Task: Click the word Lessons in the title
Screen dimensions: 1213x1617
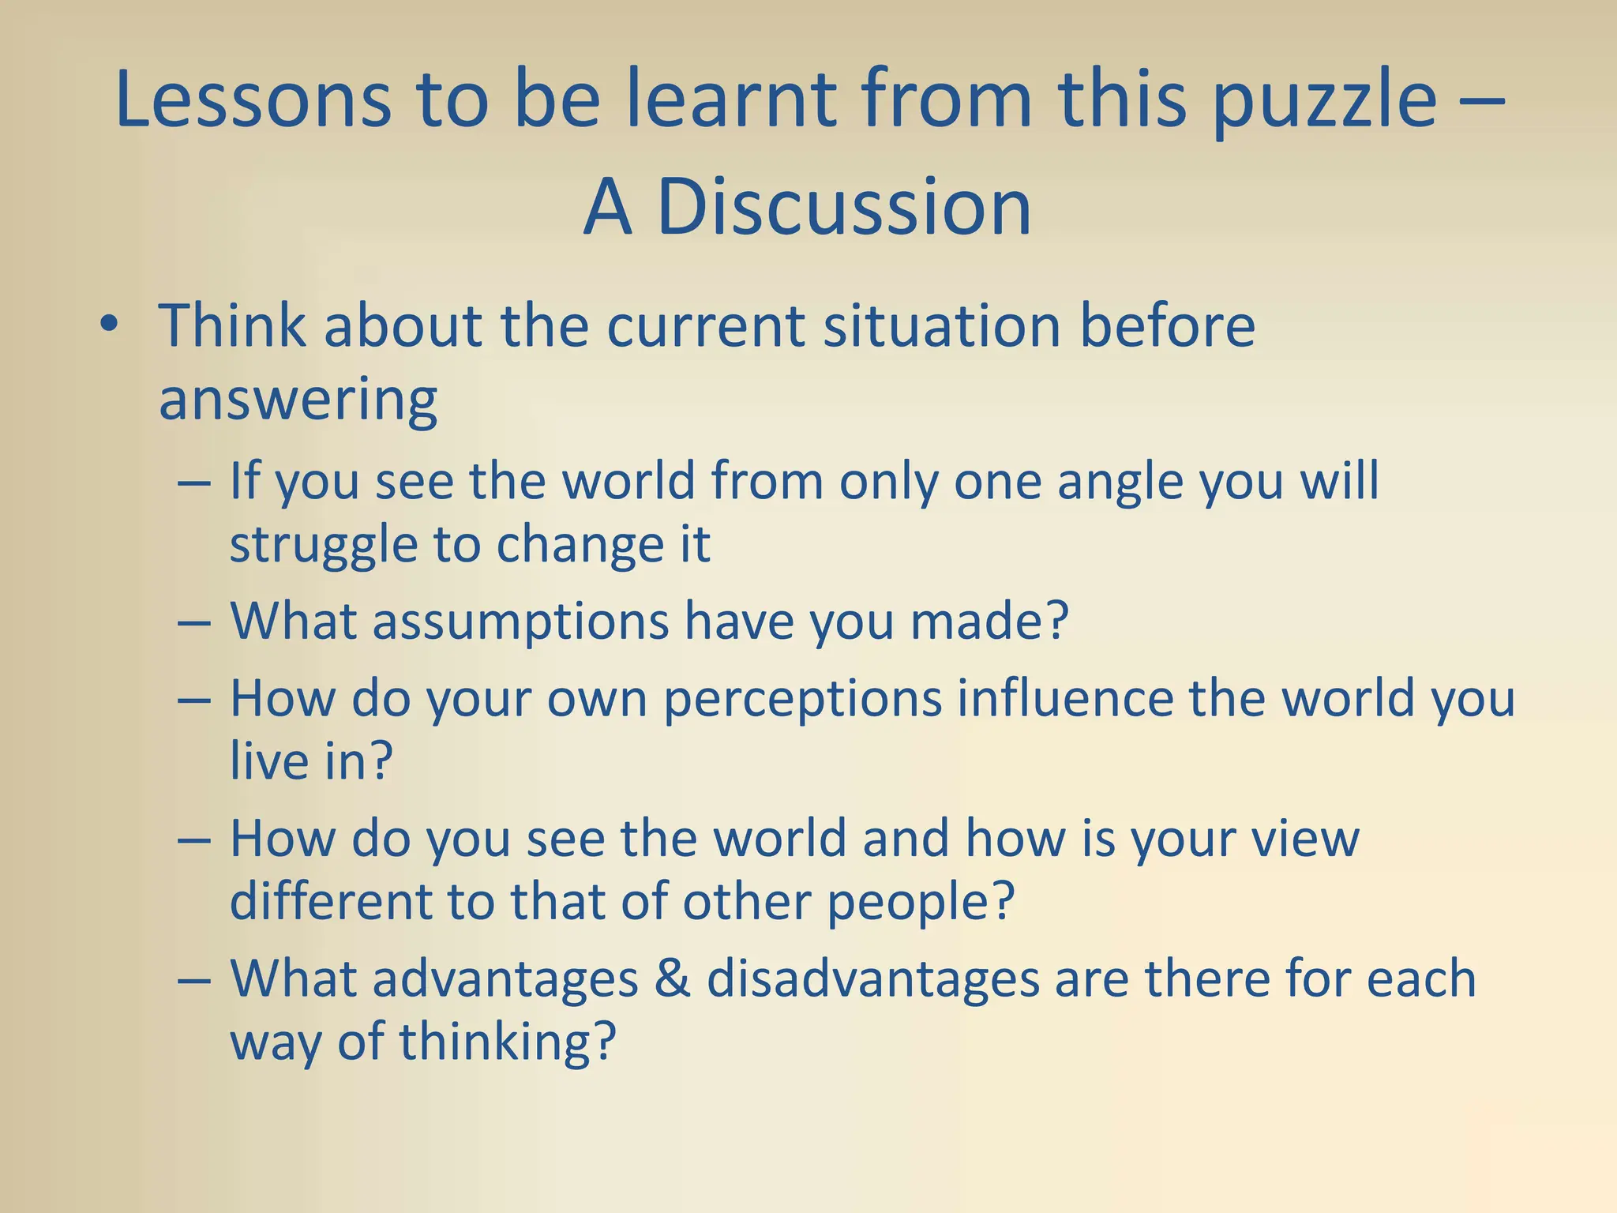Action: coord(253,100)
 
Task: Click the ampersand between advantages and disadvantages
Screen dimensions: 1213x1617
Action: coord(672,979)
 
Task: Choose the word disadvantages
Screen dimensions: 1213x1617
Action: coord(873,979)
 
